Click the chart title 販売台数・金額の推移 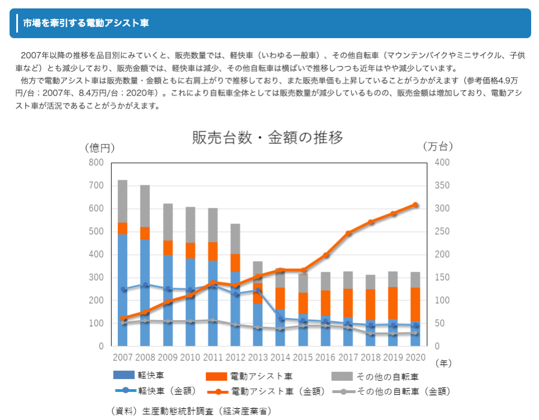tap(267, 138)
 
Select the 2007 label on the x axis tap(122, 357)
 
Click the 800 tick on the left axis tap(96, 163)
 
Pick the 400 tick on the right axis tap(442, 163)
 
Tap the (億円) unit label tap(100, 148)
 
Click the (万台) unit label tap(438, 147)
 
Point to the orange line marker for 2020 tap(415, 205)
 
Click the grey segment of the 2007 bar tap(122, 201)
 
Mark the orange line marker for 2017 tap(348, 233)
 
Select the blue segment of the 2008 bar tap(145, 292)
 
